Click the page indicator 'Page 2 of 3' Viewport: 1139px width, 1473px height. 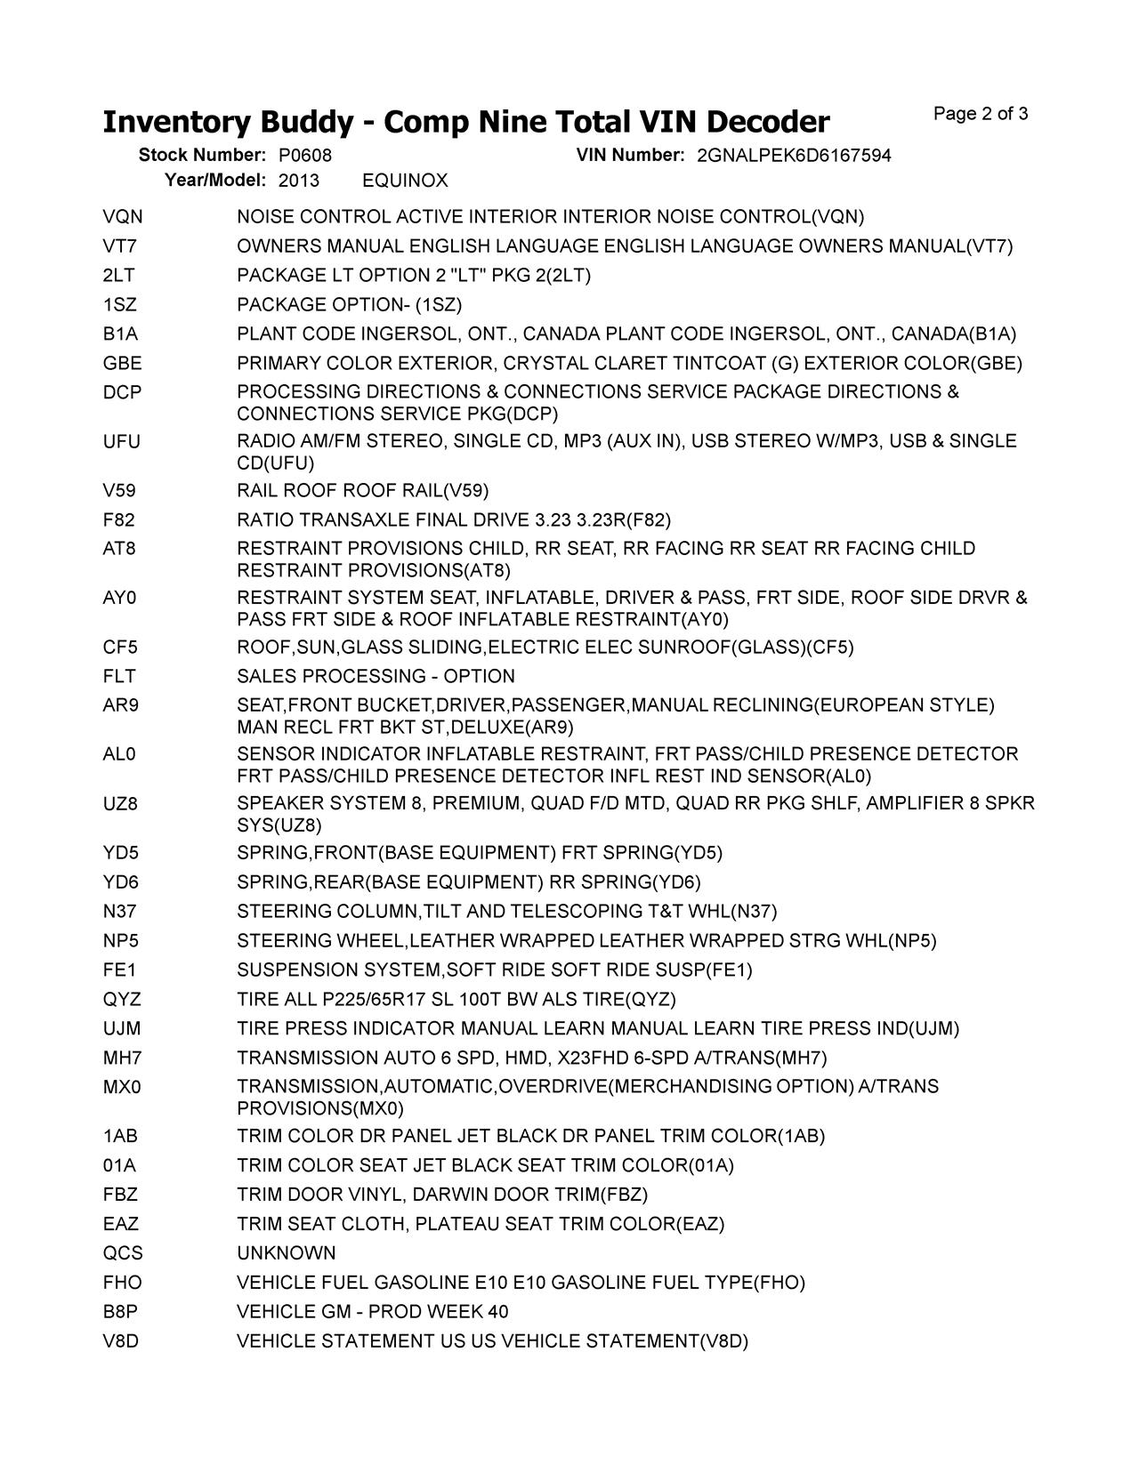[981, 114]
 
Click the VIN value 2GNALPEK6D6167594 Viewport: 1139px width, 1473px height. [794, 156]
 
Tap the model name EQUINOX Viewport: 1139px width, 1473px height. [405, 181]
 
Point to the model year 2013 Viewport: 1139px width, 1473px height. [299, 181]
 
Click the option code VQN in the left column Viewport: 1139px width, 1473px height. [123, 217]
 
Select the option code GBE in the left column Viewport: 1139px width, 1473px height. [122, 363]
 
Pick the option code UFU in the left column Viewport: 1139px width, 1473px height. [122, 442]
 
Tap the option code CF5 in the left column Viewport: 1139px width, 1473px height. [121, 648]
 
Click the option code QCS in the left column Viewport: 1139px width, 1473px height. [123, 1253]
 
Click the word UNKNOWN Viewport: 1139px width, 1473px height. [287, 1253]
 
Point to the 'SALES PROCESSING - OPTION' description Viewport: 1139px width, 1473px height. [376, 677]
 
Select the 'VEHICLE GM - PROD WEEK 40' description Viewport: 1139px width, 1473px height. [373, 1312]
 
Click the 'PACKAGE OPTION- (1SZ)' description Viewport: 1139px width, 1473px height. [350, 305]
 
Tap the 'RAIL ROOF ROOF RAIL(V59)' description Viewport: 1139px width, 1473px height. [363, 491]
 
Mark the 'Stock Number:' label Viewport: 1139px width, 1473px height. [202, 156]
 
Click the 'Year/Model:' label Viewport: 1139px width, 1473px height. [215, 181]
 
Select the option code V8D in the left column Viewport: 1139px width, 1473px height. [121, 1341]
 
